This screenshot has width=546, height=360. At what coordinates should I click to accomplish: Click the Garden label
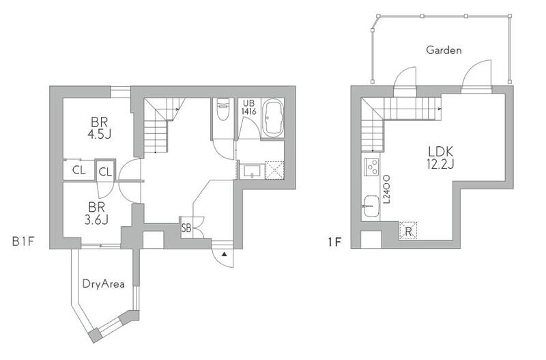point(444,50)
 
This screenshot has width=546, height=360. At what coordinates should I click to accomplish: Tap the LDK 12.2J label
point(440,158)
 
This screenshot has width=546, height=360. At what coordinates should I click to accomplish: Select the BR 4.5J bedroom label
point(99,128)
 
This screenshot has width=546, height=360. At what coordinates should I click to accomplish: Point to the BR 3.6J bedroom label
point(96,213)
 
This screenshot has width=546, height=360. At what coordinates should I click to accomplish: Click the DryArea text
point(104,283)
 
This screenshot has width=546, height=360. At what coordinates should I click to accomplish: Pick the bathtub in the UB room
point(272,118)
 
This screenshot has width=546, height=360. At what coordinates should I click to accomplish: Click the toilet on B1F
point(223,109)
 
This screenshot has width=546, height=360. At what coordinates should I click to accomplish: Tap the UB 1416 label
point(249,107)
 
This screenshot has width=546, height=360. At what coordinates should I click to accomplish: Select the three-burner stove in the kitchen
point(371,167)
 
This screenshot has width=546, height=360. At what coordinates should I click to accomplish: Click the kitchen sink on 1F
point(371,206)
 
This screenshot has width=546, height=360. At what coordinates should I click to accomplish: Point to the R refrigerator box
point(408,231)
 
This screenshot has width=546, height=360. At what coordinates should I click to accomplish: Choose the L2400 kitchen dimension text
point(386,189)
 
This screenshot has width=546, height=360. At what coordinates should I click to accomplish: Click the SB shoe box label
point(186,229)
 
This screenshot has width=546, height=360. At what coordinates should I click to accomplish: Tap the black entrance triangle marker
point(225,254)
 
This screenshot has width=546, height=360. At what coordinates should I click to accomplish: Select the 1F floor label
point(334,242)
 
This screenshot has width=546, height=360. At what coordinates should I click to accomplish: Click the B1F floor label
point(23,241)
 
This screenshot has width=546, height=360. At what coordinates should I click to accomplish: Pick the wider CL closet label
point(78,170)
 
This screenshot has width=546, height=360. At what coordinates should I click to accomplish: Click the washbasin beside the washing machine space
point(252,171)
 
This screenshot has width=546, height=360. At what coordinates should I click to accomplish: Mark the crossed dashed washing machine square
point(274,170)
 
